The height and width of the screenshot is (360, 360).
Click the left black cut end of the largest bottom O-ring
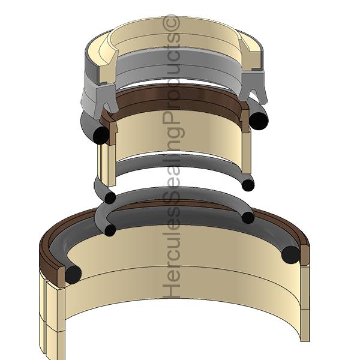point(73,274)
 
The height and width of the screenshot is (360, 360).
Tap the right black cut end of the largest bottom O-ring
point(290,254)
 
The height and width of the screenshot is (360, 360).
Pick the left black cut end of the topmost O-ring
point(101,135)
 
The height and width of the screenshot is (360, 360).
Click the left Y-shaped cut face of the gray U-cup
point(105,100)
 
